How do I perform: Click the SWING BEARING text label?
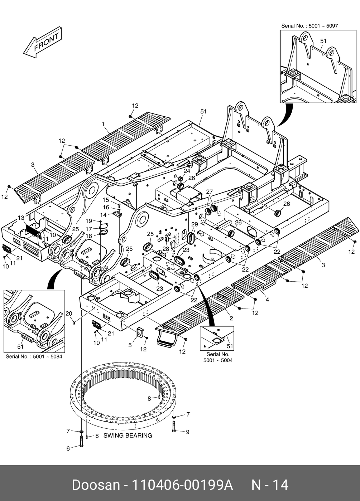pyautogui.click(x=128, y=436)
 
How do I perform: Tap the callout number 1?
pyautogui.click(x=103, y=124)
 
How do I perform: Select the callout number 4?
pyautogui.click(x=267, y=300)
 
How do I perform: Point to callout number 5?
pyautogui.click(x=130, y=345)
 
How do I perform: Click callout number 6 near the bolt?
pyautogui.click(x=68, y=448)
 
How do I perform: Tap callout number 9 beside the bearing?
pyautogui.click(x=187, y=432)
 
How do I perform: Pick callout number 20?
pyautogui.click(x=69, y=314)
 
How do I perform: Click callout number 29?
pyautogui.click(x=195, y=224)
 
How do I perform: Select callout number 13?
pyautogui.click(x=21, y=218)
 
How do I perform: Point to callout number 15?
pyautogui.click(x=106, y=200)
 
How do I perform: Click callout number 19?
pyautogui.click(x=88, y=221)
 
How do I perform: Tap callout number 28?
pyautogui.click(x=165, y=248)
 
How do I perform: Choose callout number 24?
pyautogui.click(x=187, y=171)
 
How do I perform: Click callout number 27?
pyautogui.click(x=209, y=191)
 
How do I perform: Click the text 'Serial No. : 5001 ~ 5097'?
pyautogui.click(x=309, y=26)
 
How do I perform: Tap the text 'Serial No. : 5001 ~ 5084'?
pyautogui.click(x=34, y=356)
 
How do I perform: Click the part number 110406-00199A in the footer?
pyautogui.click(x=183, y=485)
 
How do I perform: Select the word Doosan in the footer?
pyautogui.click(x=96, y=485)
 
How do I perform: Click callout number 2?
pyautogui.click(x=231, y=318)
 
